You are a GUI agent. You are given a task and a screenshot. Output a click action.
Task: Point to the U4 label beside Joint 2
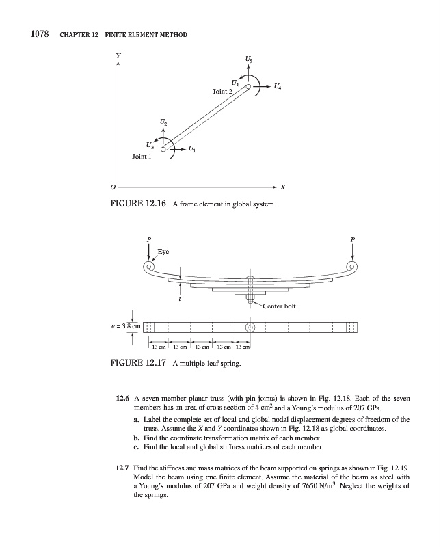point(276,87)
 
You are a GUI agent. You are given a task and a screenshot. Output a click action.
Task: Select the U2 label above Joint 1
point(163,121)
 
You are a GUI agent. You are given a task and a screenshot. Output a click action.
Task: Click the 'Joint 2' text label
point(222,90)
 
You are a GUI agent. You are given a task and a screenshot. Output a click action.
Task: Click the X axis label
point(282,186)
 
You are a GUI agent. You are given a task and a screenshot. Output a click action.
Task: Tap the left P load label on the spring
point(148,240)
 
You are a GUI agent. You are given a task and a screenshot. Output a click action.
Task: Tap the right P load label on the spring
point(352,240)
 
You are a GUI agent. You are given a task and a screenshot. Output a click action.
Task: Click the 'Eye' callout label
point(164,251)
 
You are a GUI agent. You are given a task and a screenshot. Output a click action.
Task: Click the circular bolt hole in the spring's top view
point(250,327)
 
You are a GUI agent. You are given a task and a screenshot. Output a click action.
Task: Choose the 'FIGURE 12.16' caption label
point(139,204)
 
